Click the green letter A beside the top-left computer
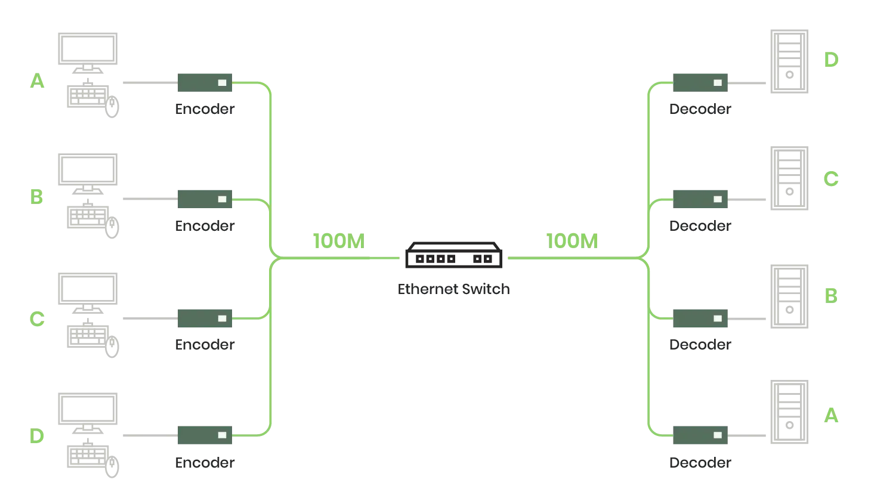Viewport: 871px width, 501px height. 38,81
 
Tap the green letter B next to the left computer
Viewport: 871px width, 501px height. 36,196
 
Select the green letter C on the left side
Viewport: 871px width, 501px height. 37,320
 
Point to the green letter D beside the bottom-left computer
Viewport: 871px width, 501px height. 37,435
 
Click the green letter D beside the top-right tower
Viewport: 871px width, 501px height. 831,58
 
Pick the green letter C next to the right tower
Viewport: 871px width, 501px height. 830,179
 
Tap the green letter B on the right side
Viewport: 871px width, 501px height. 832,296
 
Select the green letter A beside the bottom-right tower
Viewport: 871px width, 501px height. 830,415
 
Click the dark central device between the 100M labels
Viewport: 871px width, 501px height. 453,256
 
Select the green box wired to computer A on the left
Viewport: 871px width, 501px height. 205,83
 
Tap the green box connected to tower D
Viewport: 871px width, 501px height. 701,83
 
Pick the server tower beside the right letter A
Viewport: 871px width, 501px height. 789,412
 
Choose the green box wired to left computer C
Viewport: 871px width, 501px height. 205,317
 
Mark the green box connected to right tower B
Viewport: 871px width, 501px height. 701,317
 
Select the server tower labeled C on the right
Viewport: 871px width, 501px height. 789,178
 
